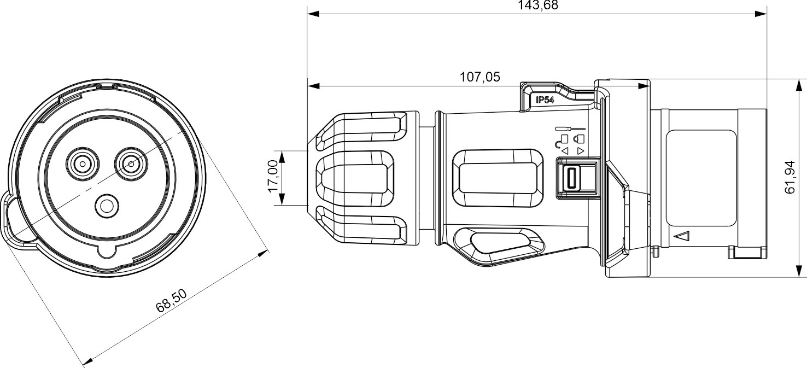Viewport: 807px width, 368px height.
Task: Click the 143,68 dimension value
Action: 537,5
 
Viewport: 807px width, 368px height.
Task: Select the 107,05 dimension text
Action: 480,77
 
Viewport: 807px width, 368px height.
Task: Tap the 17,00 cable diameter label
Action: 273,176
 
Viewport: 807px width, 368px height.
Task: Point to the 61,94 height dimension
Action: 790,177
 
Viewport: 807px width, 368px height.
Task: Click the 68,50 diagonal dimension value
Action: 172,300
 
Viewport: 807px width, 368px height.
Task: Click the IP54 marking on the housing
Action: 545,100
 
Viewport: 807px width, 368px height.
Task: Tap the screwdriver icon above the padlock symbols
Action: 570,128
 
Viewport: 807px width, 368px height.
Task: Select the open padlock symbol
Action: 562,141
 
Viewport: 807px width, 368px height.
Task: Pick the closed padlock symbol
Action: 580,139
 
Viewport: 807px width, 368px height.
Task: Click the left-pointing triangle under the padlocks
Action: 565,151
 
